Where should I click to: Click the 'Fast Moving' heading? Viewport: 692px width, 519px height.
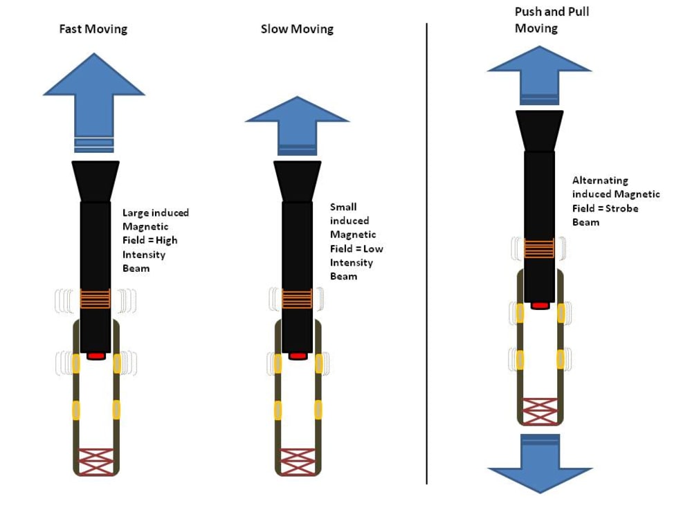[93, 29]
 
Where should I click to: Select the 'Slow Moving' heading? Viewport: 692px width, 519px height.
[297, 29]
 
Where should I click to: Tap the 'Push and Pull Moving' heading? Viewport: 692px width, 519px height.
[552, 20]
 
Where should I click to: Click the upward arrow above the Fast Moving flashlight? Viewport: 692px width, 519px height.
[94, 103]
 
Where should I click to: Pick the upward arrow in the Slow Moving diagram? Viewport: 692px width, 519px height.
[297, 126]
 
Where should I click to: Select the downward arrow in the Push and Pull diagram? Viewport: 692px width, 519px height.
[540, 464]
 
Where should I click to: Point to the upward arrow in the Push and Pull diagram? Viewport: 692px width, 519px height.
[539, 75]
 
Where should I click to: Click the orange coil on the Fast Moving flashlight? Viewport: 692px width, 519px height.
[95, 299]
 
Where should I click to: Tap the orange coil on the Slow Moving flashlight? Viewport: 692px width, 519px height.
[297, 299]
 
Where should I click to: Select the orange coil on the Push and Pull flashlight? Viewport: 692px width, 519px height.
[539, 248]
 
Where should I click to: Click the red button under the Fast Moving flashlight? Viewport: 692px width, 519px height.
[95, 356]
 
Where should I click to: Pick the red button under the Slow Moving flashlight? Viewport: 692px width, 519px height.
[298, 356]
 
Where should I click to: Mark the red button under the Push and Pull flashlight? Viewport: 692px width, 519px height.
[540, 305]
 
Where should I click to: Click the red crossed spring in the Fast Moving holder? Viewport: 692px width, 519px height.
[95, 462]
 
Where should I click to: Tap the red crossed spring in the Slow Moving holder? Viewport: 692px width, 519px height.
[298, 462]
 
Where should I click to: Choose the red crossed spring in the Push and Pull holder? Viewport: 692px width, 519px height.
[540, 411]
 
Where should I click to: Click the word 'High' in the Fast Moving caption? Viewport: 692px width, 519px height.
[166, 241]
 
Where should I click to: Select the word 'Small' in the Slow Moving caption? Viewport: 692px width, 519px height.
[343, 207]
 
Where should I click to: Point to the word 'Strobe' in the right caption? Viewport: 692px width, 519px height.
[622, 208]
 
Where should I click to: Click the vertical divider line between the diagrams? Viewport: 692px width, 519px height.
[427, 254]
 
